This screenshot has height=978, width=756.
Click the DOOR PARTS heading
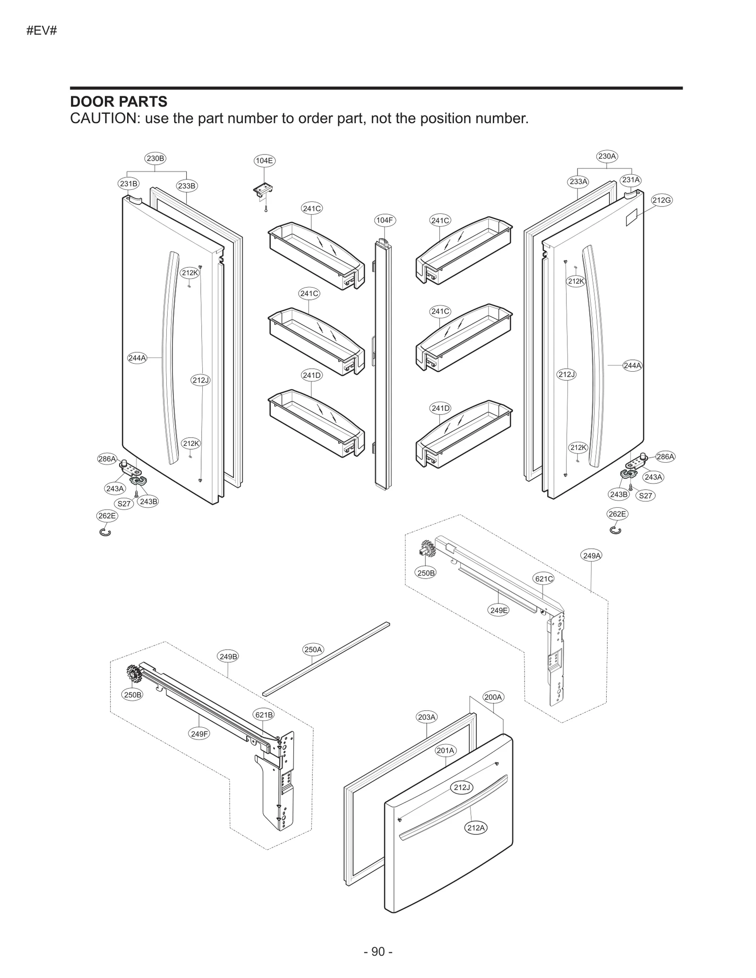coord(119,102)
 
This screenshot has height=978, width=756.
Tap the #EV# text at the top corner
coord(42,31)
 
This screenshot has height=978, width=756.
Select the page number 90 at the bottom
coord(378,952)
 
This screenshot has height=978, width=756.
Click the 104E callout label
coord(265,161)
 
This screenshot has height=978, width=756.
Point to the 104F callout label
coord(385,220)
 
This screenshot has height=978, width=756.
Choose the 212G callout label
coord(661,200)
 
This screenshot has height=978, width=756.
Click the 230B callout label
coord(155,159)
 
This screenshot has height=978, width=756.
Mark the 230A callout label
coord(607,156)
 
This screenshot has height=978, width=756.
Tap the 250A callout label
coord(313,649)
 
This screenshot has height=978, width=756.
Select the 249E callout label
coord(499,610)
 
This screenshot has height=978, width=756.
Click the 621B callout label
coord(264,715)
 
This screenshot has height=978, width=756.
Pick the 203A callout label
coord(427,717)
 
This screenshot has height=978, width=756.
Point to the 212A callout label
coord(476,828)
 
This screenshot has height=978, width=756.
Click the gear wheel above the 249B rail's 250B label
coord(134,673)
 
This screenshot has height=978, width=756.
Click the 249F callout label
coord(199,734)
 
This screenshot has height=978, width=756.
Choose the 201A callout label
coord(446,750)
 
